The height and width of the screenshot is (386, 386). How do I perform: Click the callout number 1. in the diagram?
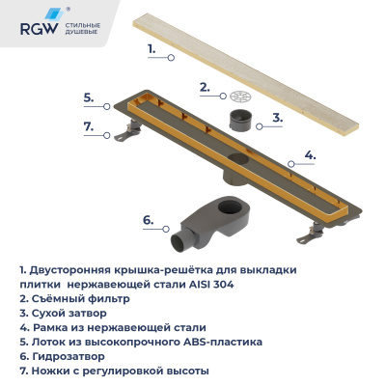pyautogui.click(x=152, y=45)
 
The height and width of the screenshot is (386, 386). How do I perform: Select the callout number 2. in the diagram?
pyautogui.click(x=205, y=87)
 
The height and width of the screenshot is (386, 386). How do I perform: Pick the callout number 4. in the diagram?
pyautogui.click(x=310, y=154)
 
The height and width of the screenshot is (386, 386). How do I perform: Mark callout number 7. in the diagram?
pyautogui.click(x=88, y=126)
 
